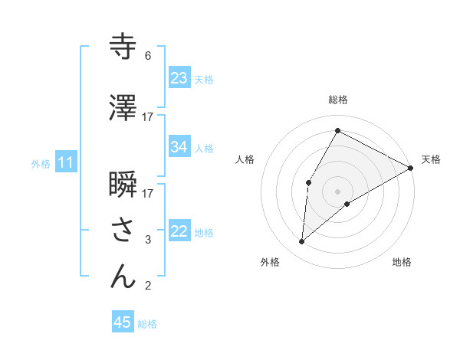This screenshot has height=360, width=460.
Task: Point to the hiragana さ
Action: click(123, 229)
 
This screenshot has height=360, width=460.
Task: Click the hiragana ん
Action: click(123, 276)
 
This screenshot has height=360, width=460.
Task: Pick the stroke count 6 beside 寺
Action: click(147, 56)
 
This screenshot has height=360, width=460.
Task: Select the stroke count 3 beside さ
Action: click(148, 240)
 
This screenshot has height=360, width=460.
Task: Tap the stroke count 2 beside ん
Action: click(147, 286)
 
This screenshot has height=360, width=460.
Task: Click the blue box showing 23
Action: click(179, 77)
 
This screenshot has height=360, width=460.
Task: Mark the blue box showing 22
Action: click(179, 231)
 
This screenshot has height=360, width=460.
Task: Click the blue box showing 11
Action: click(66, 162)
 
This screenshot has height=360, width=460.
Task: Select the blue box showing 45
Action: click(123, 322)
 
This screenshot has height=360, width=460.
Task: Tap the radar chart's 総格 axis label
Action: click(338, 100)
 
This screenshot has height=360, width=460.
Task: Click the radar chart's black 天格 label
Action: click(431, 159)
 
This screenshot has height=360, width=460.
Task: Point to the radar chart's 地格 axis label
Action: click(402, 263)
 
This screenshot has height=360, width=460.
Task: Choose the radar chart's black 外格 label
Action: click(270, 263)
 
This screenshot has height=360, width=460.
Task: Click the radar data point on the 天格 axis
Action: click(411, 168)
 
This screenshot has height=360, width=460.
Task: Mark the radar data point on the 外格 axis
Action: click(302, 242)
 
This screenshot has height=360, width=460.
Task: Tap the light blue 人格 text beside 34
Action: click(204, 148)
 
